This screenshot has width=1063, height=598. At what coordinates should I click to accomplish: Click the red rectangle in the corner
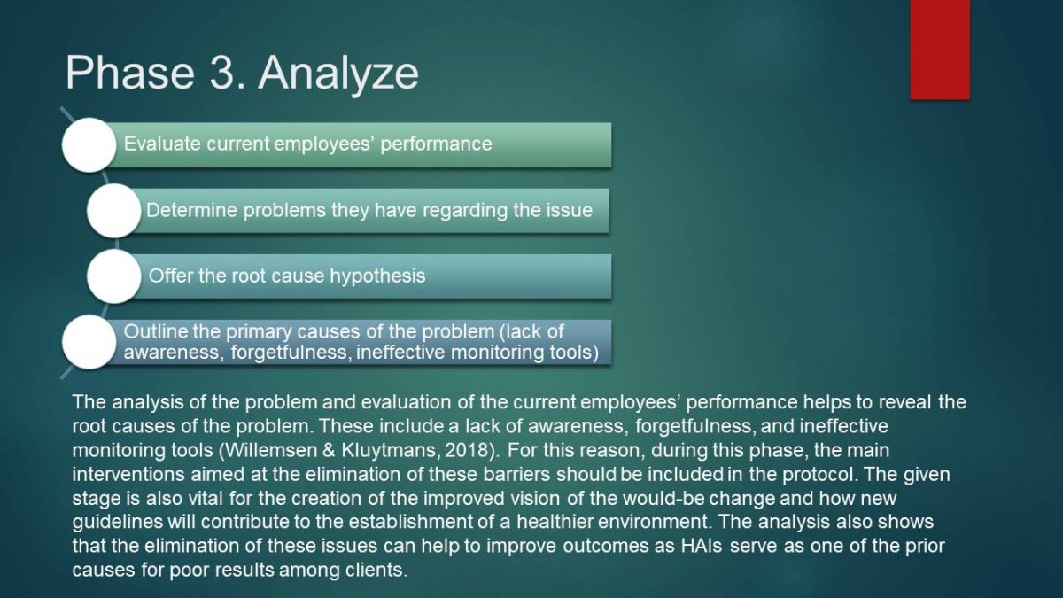[940, 50]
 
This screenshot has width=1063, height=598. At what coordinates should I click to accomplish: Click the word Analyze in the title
[338, 74]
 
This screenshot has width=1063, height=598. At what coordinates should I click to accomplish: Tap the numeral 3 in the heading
[221, 73]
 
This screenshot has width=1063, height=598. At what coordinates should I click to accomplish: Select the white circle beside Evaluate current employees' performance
[89, 144]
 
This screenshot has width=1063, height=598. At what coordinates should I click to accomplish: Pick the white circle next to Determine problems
[114, 211]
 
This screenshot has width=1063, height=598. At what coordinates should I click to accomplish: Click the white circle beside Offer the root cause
[114, 276]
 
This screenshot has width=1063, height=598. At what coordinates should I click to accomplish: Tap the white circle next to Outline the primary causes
[89, 342]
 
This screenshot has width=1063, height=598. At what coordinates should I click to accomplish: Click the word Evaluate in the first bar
[162, 144]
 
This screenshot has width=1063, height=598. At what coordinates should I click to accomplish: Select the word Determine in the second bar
[191, 210]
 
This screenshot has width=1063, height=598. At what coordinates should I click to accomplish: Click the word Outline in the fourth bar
[156, 331]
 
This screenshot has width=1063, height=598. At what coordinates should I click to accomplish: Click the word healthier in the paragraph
[555, 522]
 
